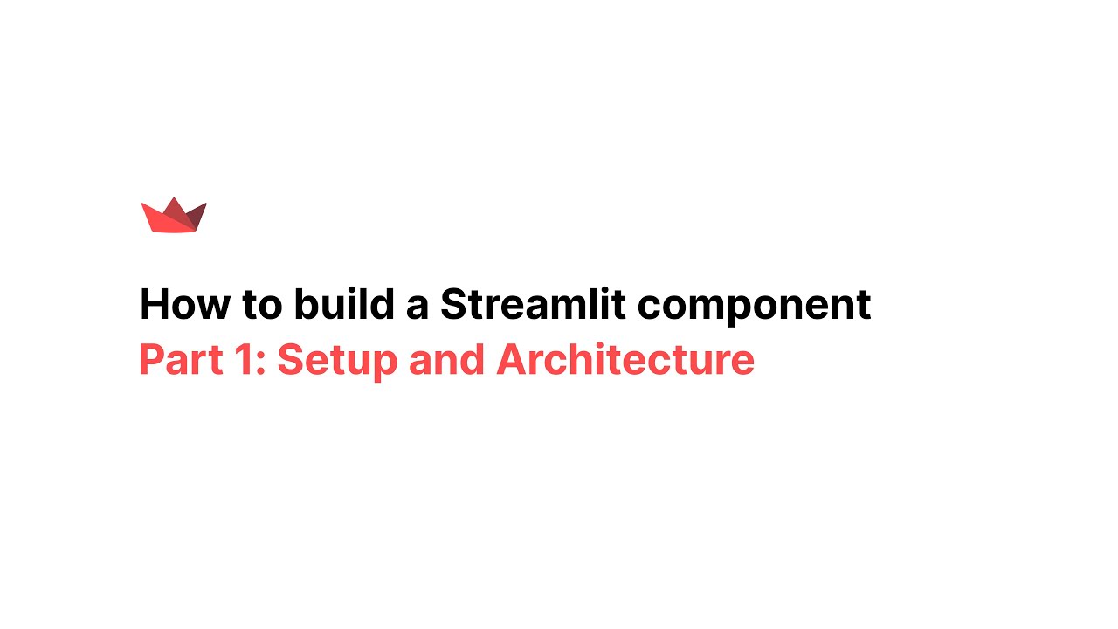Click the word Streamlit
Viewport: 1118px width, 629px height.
pyautogui.click(x=533, y=305)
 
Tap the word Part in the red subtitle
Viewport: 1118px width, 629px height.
pyautogui.click(x=176, y=360)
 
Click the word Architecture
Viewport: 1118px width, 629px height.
pyautogui.click(x=625, y=360)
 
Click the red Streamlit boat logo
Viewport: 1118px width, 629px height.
pyautogui.click(x=174, y=217)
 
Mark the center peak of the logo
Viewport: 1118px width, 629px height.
pyautogui.click(x=175, y=200)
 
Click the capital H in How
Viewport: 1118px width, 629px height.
pyautogui.click(x=154, y=305)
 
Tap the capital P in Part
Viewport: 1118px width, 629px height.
pyautogui.click(x=151, y=360)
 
